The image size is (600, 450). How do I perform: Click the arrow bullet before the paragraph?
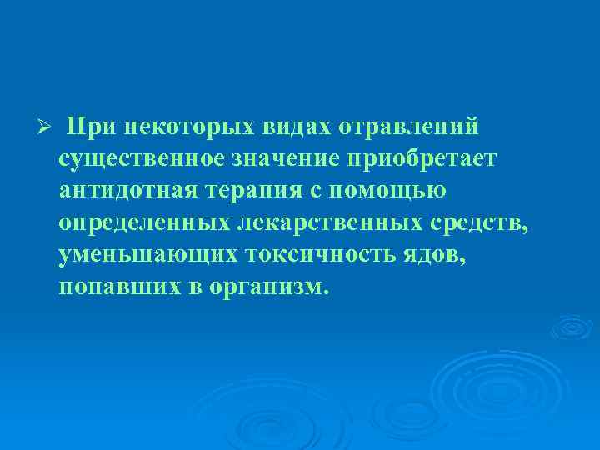[47, 127]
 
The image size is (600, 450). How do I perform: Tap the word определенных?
[144, 222]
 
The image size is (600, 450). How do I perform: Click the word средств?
[477, 222]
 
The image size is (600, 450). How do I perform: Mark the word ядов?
[434, 254]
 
